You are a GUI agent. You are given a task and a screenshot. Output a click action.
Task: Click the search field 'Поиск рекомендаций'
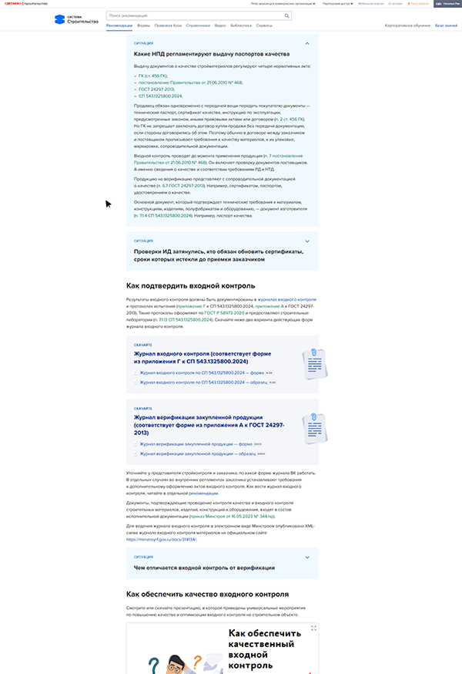192,15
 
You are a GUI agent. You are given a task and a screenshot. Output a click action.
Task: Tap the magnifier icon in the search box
287,15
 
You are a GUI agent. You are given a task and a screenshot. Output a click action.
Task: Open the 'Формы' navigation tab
142,25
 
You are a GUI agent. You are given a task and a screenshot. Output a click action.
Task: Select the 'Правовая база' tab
168,25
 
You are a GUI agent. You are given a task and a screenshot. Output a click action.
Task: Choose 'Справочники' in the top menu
198,25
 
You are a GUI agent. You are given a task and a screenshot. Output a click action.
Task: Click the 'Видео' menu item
221,25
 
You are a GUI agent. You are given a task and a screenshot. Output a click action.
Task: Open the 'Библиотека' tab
241,25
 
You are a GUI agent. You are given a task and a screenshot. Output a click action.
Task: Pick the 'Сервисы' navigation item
264,25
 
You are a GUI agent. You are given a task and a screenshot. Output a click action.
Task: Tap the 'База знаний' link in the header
446,25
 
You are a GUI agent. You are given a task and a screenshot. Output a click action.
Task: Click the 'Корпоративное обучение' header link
408,25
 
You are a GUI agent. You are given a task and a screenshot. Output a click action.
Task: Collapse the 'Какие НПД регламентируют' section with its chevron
307,44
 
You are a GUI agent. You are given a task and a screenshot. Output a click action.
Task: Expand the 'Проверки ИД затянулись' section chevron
307,241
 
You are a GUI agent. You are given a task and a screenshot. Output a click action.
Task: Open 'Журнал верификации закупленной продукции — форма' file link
194,445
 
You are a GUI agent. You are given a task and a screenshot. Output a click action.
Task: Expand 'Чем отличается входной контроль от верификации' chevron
307,557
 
